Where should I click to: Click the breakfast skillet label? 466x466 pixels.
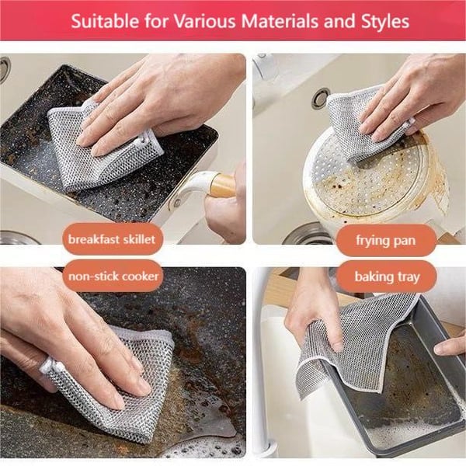coord(113,239)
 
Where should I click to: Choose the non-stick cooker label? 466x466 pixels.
coord(113,276)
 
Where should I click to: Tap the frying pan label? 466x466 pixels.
coord(385,240)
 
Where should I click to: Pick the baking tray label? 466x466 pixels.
coord(385,276)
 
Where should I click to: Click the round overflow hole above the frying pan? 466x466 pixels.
coord(320,98)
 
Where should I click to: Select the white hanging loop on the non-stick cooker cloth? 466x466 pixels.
coord(48,365)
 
